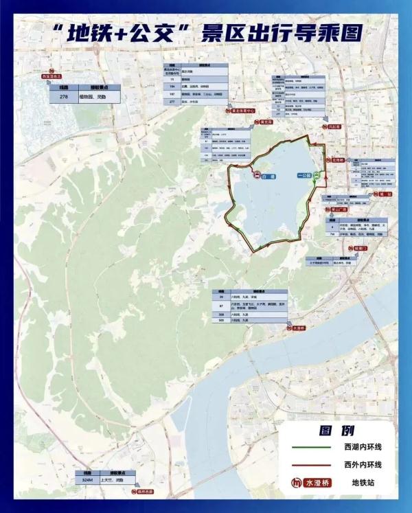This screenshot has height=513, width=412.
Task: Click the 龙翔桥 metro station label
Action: coord(336,159)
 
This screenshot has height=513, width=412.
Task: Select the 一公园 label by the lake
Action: coord(305,176)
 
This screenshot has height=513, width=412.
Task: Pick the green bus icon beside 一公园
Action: coord(317,176)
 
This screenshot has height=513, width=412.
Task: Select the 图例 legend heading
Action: coord(336,431)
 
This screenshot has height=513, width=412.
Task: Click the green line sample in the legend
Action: coord(306,447)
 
